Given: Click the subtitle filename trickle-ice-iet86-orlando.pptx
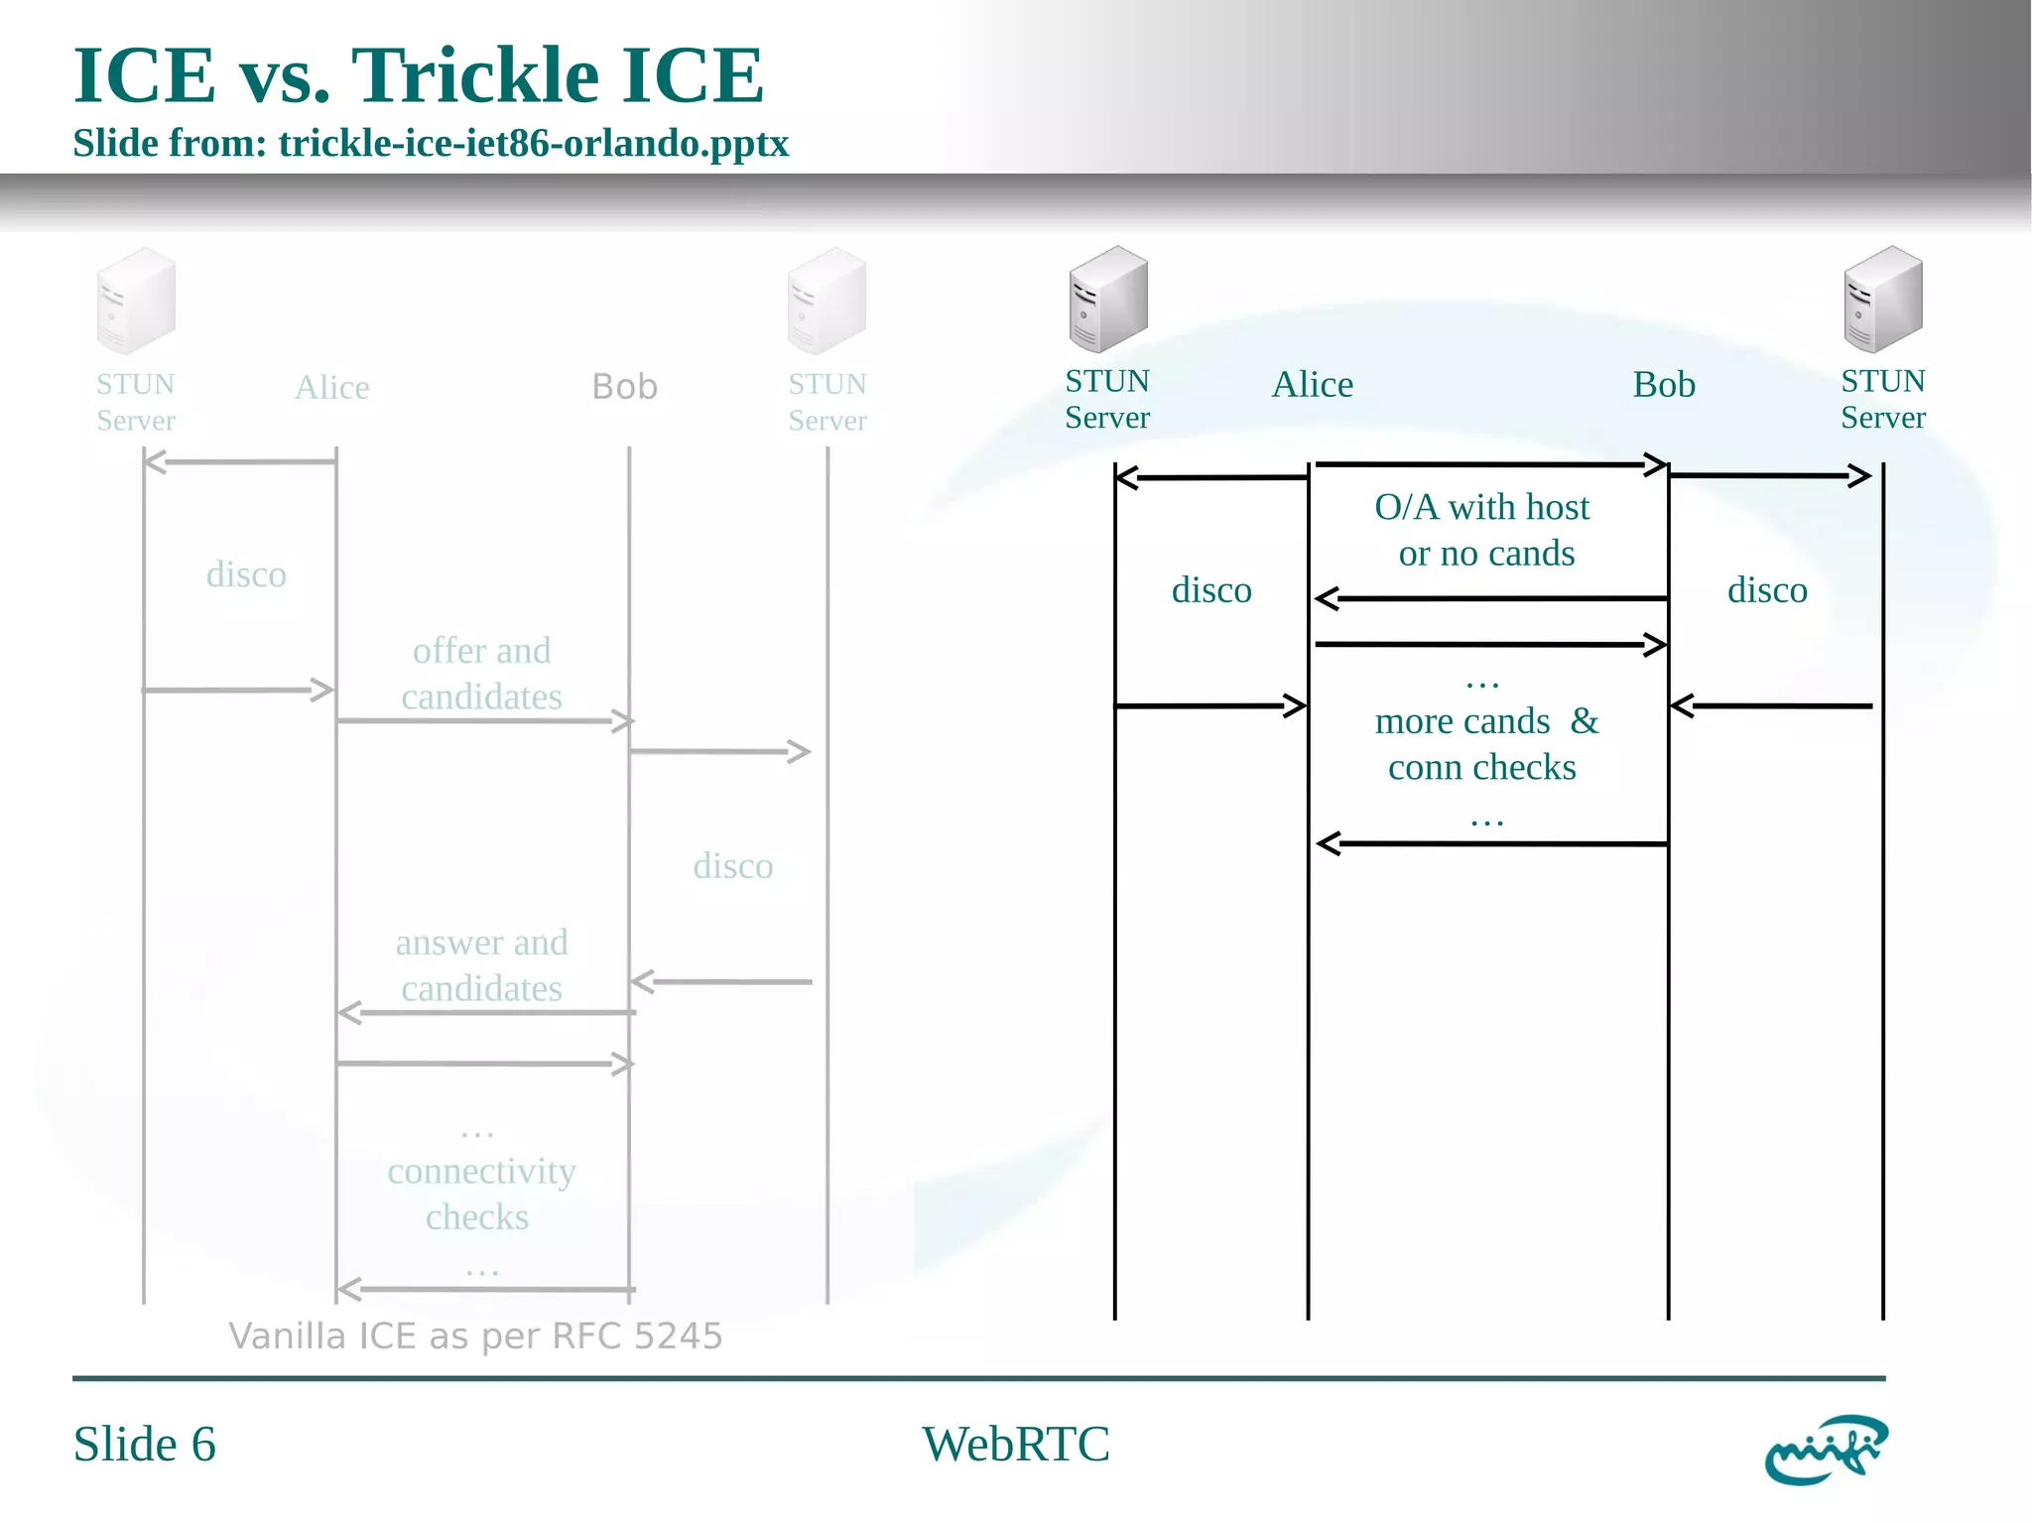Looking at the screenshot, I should pyautogui.click(x=533, y=144).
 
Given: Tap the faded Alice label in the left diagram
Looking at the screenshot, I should pyautogui.click(x=331, y=387).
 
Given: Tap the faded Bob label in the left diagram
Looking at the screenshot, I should pyautogui.click(x=624, y=387).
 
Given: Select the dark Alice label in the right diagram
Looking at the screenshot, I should pyautogui.click(x=1312, y=384).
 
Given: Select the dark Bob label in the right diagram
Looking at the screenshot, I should pyautogui.click(x=1664, y=384).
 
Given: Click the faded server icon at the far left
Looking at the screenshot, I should pyautogui.click(x=136, y=301).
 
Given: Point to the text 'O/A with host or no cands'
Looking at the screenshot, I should pyautogui.click(x=1483, y=530).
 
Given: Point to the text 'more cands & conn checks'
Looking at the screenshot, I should pyautogui.click(x=1484, y=744).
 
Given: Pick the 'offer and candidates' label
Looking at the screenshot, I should pyautogui.click(x=481, y=674).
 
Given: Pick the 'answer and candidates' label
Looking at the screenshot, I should pyautogui.click(x=481, y=965).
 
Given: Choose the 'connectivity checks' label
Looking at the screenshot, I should pyautogui.click(x=480, y=1194).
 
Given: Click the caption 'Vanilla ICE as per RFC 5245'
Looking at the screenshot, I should pyautogui.click(x=475, y=1336).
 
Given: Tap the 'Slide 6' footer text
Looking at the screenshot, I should pyautogui.click(x=144, y=1444).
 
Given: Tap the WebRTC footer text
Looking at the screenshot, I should pyautogui.click(x=1015, y=1444).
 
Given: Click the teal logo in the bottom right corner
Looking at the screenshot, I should pyautogui.click(x=1826, y=1450).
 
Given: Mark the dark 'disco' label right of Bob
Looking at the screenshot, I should pyautogui.click(x=1766, y=590).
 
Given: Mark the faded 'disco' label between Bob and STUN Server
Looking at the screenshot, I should pyautogui.click(x=732, y=866).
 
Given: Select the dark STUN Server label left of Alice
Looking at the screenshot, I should pyautogui.click(x=1106, y=399).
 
